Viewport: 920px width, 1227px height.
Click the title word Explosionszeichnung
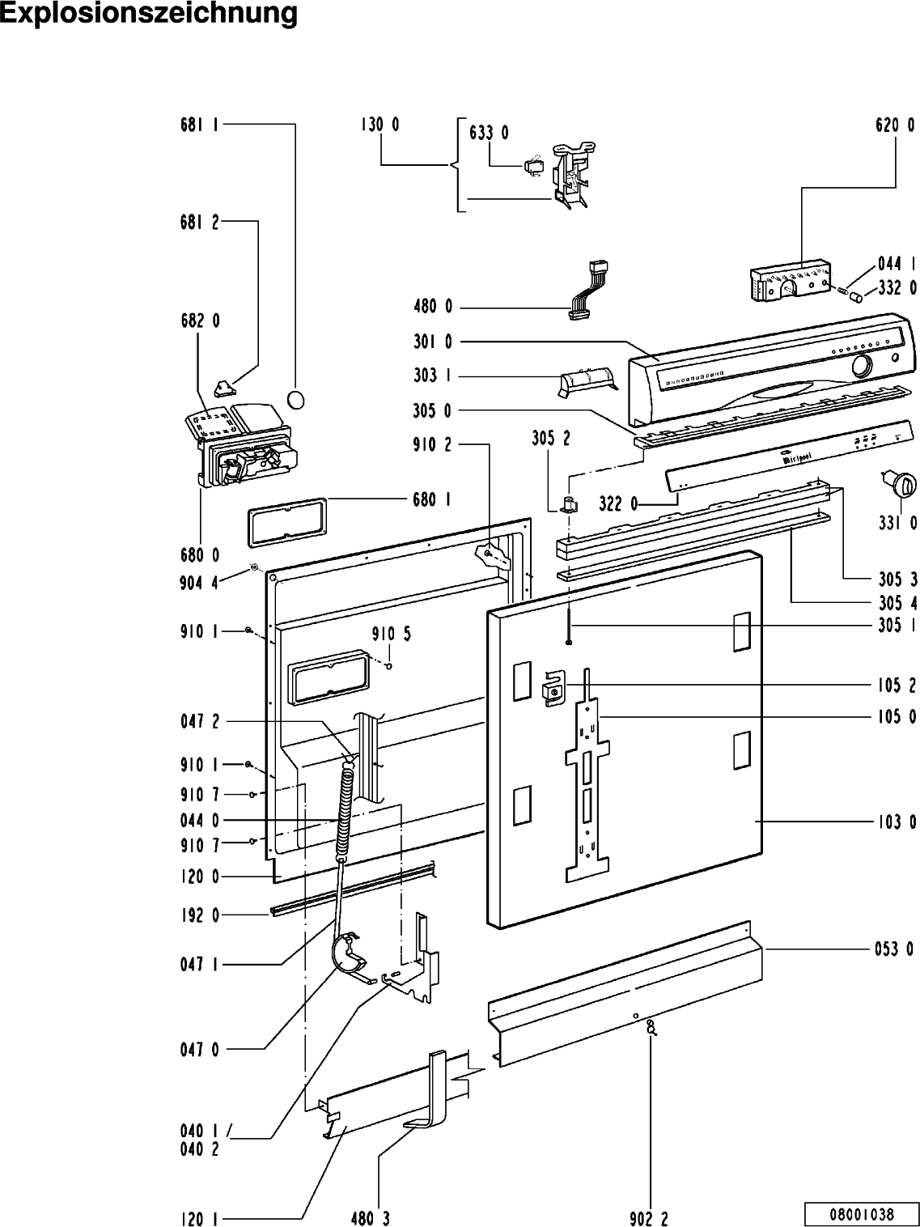click(x=148, y=14)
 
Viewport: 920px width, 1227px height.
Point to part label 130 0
click(x=379, y=124)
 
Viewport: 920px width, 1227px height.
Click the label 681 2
click(x=199, y=223)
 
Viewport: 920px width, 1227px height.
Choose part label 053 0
click(x=894, y=949)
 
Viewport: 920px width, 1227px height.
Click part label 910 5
click(x=392, y=634)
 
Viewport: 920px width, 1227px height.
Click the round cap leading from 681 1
click(x=295, y=401)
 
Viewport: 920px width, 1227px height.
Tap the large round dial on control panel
click(x=862, y=367)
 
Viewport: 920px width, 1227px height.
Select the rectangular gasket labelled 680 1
click(x=287, y=522)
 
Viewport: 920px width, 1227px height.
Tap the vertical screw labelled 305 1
click(x=569, y=626)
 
